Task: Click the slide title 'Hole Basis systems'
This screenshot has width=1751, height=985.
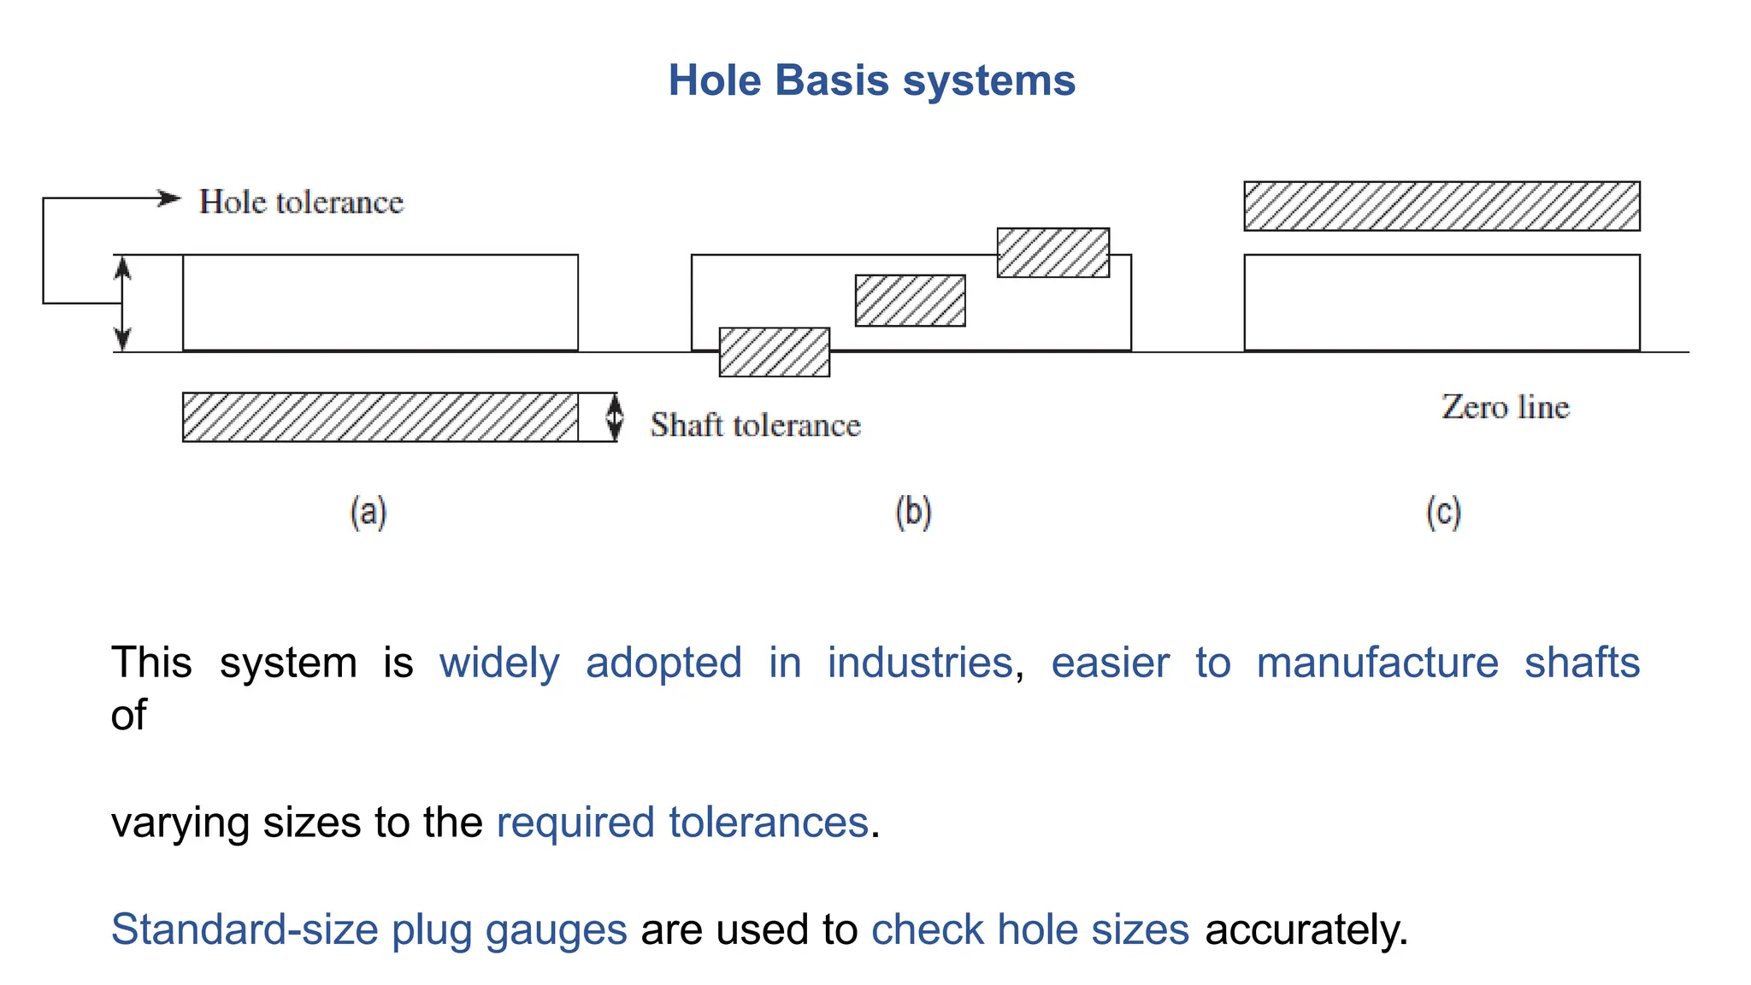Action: pyautogui.click(x=871, y=80)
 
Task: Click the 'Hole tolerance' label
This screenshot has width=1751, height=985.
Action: pyautogui.click(x=301, y=202)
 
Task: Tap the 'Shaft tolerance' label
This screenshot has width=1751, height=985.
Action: pyautogui.click(x=755, y=425)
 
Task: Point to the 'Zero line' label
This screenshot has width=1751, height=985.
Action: pyautogui.click(x=1505, y=407)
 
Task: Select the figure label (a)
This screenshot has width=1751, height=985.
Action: pyautogui.click(x=368, y=512)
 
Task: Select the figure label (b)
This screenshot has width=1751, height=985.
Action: pyautogui.click(x=913, y=512)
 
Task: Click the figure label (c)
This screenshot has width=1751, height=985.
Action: pyautogui.click(x=1443, y=512)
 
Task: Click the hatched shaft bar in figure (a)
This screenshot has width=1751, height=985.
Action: pyautogui.click(x=380, y=417)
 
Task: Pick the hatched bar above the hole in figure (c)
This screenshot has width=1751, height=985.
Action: pyautogui.click(x=1441, y=206)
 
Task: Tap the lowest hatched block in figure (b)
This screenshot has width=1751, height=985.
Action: pyautogui.click(x=774, y=352)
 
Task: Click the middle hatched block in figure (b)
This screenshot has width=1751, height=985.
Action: pyautogui.click(x=910, y=300)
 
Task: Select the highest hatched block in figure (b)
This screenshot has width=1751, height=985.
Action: pyautogui.click(x=1052, y=252)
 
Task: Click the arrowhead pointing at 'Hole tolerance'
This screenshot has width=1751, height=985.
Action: pyautogui.click(x=171, y=198)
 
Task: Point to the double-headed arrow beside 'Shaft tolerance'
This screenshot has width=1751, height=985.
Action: pyautogui.click(x=614, y=417)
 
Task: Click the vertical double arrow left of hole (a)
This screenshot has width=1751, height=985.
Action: pyautogui.click(x=122, y=304)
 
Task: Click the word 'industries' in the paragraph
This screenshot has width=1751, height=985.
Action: pyautogui.click(x=920, y=663)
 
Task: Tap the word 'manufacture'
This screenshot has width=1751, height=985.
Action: pyautogui.click(x=1377, y=663)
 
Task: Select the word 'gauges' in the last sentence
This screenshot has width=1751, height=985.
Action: pyautogui.click(x=556, y=929)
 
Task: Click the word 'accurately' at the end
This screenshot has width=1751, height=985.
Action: pyautogui.click(x=1305, y=929)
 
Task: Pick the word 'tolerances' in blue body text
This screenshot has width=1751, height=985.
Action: pyautogui.click(x=768, y=823)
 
